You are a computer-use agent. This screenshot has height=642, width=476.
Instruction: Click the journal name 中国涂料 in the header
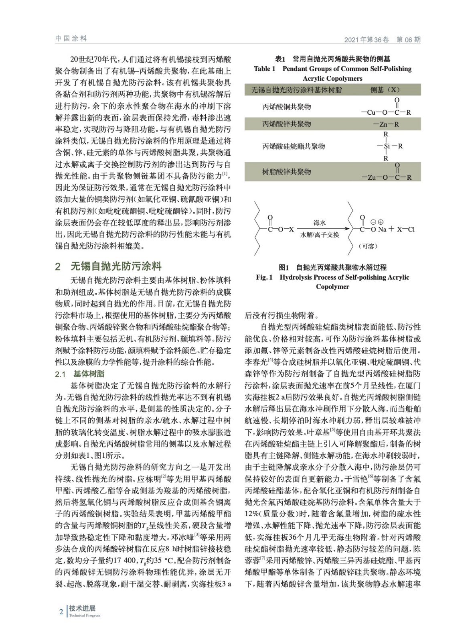[x=71, y=39]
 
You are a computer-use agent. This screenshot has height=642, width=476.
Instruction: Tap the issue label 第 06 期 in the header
[x=408, y=40]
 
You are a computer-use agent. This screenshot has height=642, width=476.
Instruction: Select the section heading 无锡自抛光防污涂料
[x=116, y=266]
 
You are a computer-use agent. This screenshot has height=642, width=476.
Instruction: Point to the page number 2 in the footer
[x=61, y=612]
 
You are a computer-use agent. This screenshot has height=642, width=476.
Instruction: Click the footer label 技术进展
[x=82, y=608]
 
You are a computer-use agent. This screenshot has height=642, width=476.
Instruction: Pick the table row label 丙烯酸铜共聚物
[x=286, y=107]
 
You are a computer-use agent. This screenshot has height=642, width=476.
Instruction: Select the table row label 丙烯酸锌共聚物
[x=286, y=124]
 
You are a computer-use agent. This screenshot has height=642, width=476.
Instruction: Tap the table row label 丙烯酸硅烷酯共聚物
[x=294, y=146]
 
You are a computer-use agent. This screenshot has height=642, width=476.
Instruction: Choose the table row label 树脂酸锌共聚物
[x=286, y=172]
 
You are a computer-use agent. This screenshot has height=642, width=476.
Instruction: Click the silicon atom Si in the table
[x=387, y=146]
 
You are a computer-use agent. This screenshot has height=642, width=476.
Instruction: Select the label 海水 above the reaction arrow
[x=320, y=223]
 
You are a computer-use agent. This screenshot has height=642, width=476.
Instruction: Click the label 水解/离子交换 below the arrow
[x=320, y=235]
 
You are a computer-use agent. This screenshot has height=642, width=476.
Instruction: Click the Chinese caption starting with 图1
[x=332, y=267]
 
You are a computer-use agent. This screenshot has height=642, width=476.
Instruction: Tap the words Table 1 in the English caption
[x=264, y=69]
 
